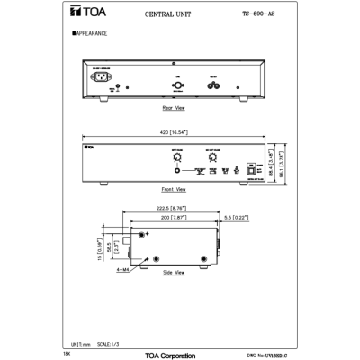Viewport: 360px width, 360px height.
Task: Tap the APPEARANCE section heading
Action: (90, 33)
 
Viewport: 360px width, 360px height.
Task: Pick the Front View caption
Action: (174, 190)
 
